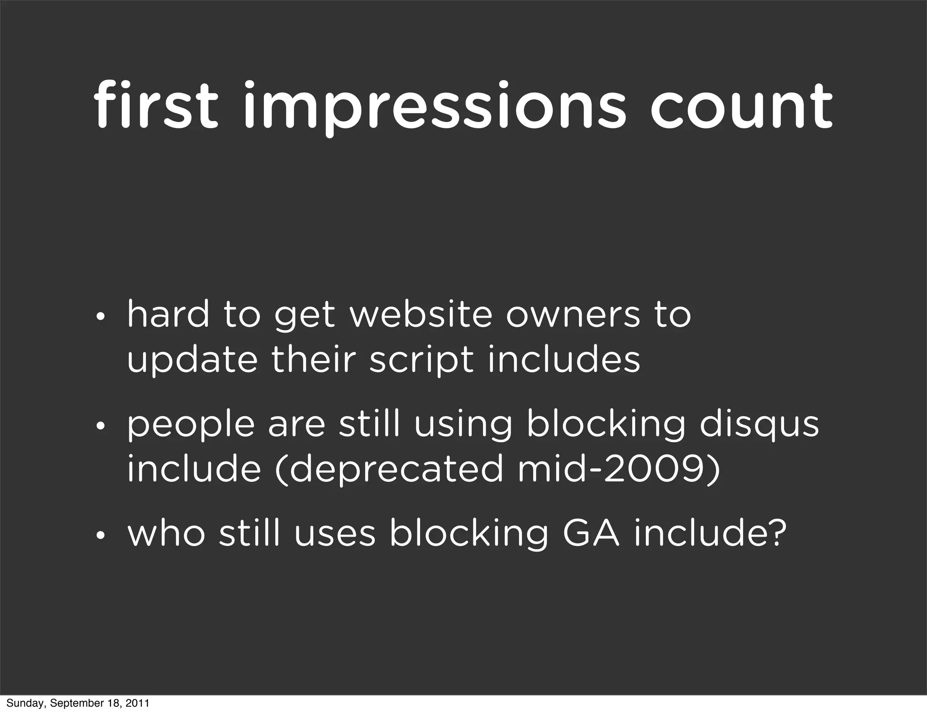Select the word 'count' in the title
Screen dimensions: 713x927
(x=741, y=106)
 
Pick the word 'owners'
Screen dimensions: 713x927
(x=573, y=315)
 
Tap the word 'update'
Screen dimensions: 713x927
(x=192, y=361)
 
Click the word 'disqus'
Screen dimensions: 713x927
(x=759, y=426)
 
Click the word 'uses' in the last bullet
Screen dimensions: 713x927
(x=335, y=534)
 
